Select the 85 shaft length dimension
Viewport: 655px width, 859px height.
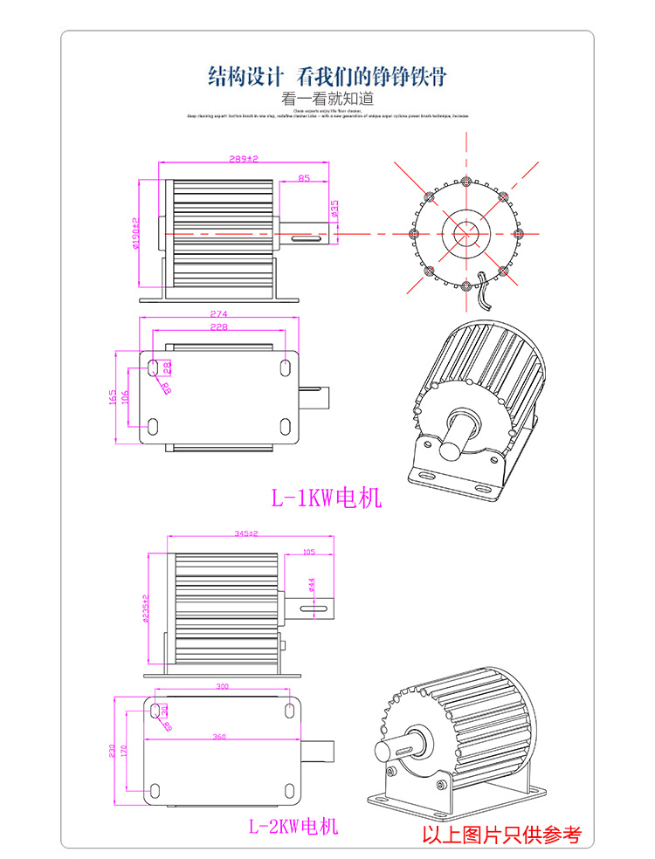pos(303,178)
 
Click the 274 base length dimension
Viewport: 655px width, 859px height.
pos(219,314)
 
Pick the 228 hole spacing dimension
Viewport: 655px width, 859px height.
pos(219,326)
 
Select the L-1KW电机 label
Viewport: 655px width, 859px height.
pos(326,498)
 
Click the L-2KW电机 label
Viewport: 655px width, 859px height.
pos(293,826)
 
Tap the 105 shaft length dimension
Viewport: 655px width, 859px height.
pos(307,553)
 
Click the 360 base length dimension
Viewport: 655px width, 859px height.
pos(219,738)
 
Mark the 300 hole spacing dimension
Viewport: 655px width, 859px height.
pos(221,688)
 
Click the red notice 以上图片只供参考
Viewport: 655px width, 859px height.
pos(501,835)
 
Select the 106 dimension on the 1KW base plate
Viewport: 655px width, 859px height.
pos(128,398)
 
